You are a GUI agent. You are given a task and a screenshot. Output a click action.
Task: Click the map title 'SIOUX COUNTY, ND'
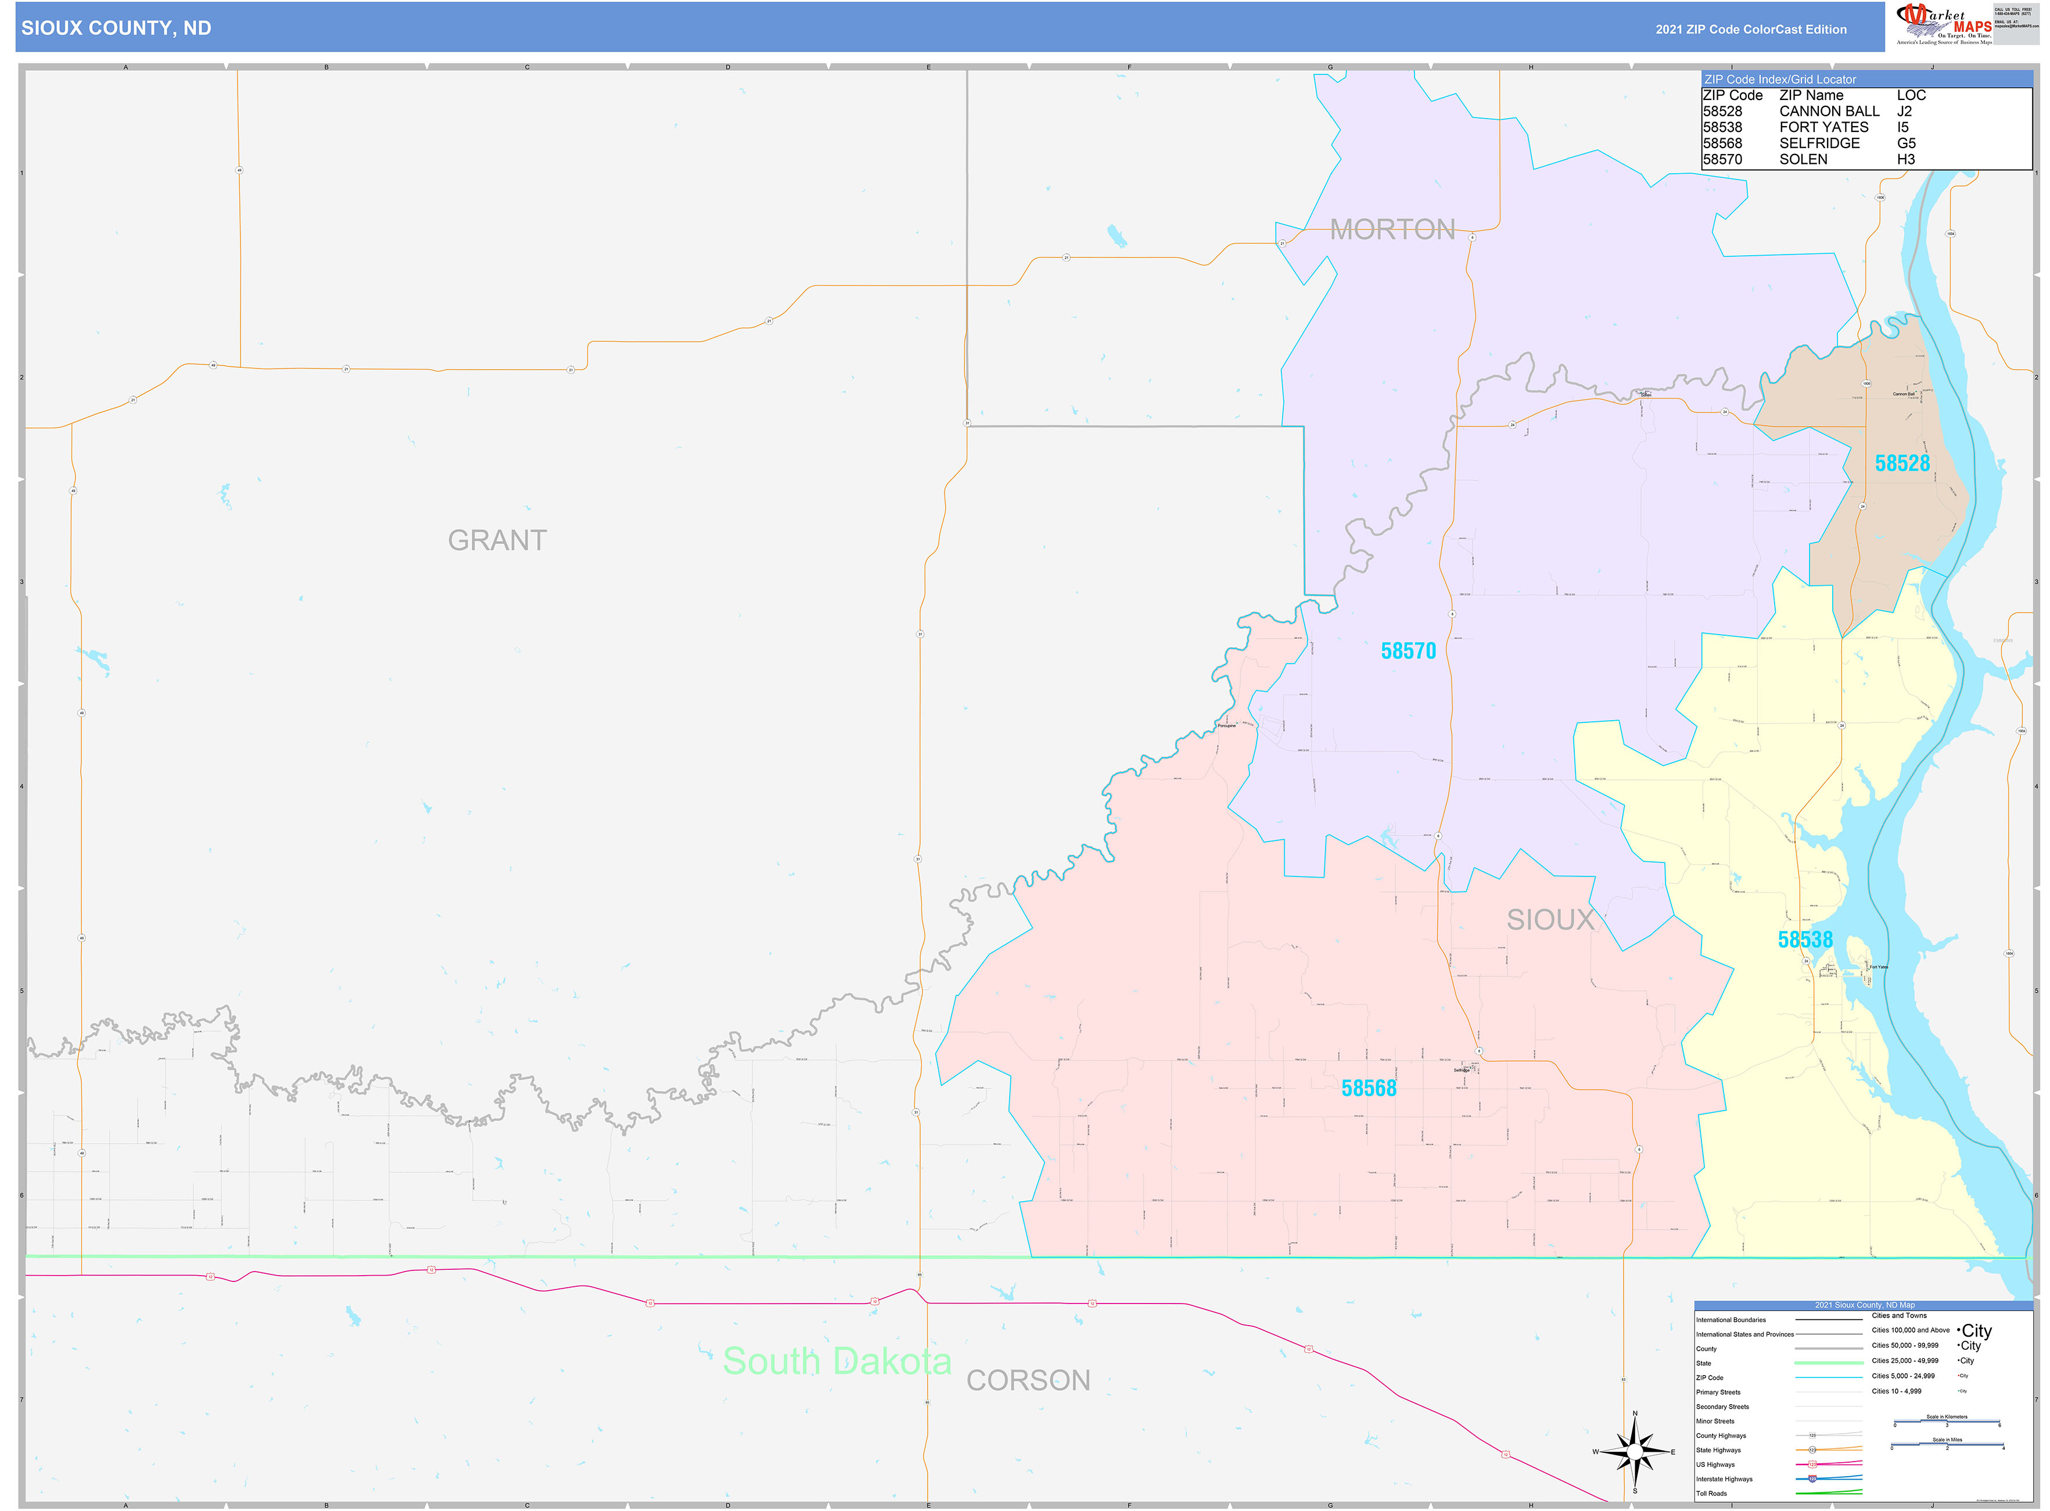(116, 28)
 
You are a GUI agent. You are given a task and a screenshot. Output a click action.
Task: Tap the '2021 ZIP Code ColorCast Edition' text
(1750, 29)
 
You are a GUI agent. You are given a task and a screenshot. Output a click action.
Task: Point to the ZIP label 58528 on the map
(1902, 464)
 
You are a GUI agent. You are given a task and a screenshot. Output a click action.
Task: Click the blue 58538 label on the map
(1804, 939)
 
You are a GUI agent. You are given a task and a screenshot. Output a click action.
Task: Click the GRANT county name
(497, 540)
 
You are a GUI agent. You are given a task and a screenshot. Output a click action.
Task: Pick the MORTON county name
(1392, 230)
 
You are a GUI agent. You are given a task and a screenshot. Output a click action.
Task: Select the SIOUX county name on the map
(1550, 920)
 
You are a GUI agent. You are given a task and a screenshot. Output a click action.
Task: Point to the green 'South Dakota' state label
(836, 1361)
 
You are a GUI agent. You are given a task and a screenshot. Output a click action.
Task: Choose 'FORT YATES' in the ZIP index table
(1823, 127)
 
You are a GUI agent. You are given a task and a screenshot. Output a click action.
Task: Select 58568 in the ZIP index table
(1722, 144)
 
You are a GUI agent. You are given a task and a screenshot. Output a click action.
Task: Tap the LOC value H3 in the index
(1905, 159)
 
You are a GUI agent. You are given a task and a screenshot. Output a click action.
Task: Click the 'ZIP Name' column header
(1811, 95)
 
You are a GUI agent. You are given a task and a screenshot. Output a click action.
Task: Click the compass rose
(1635, 1452)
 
